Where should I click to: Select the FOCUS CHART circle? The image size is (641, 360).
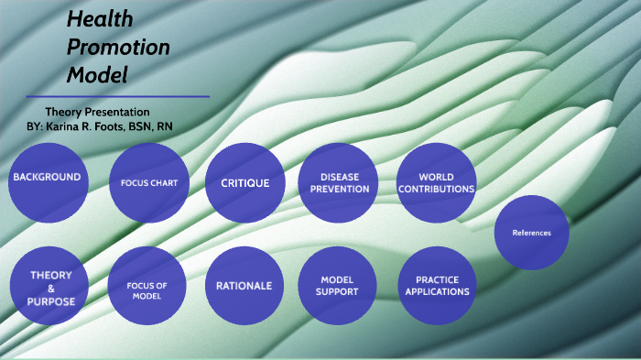point(148,182)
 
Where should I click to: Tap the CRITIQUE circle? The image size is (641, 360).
point(244,182)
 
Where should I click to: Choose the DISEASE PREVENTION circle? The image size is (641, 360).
point(339,182)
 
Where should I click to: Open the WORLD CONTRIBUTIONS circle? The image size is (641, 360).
point(436,182)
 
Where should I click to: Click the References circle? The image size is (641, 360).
point(531,233)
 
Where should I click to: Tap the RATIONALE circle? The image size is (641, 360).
point(244,286)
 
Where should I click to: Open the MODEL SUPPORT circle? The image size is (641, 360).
point(338,286)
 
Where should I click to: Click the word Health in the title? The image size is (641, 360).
point(100,19)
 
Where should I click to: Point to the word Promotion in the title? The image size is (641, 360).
point(118,48)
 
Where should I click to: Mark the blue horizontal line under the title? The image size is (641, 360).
point(118,96)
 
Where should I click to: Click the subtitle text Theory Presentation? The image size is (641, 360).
point(97,111)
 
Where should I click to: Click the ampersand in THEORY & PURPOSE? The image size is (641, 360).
point(51,288)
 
